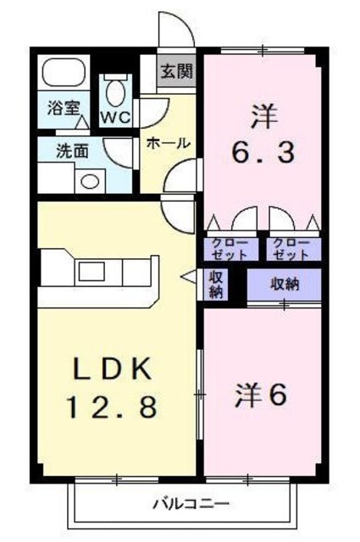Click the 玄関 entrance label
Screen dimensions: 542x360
[177, 70]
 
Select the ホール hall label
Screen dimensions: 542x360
[168, 142]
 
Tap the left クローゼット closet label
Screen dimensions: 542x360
[230, 248]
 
